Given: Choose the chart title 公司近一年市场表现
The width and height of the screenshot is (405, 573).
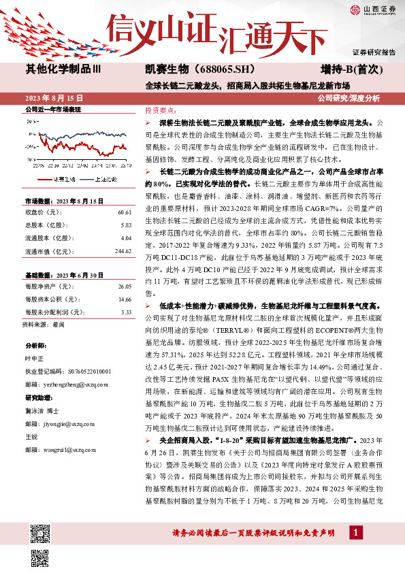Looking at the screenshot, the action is click(53, 110).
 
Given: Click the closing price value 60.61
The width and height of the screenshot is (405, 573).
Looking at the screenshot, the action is click(123, 212).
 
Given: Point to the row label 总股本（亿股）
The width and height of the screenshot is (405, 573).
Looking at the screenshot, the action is click(44, 225).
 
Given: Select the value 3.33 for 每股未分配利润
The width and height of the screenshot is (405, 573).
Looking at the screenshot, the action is click(126, 312).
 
